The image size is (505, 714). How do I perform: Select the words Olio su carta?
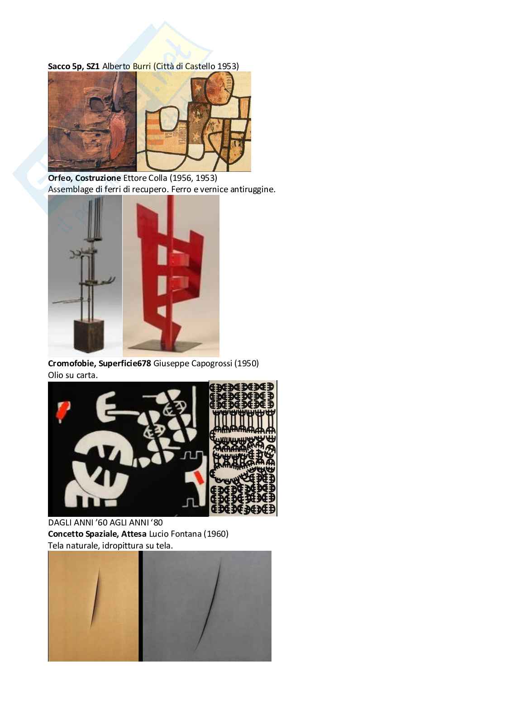pos(73,375)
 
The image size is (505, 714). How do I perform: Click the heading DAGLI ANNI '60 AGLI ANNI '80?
pos(105,522)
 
